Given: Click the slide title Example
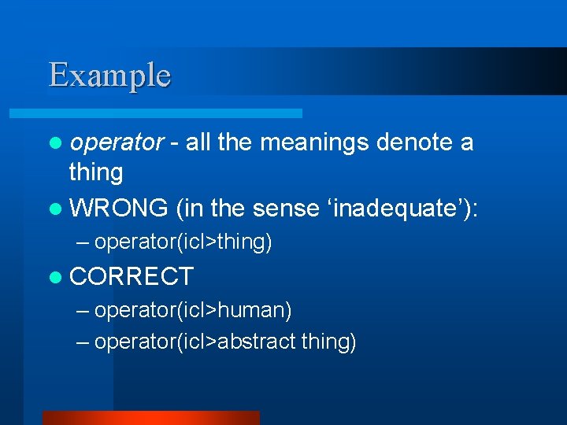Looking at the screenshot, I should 109,76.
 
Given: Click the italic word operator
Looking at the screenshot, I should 117,143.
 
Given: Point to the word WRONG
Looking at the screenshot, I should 119,208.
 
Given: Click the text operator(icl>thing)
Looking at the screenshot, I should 183,242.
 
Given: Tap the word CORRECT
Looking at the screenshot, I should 132,276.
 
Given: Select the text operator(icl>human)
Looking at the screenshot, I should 193,311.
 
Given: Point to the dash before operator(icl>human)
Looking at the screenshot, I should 83,312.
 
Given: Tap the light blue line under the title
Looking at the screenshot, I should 173,113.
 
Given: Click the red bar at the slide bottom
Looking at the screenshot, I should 150,418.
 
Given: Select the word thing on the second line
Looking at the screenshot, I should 96,172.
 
